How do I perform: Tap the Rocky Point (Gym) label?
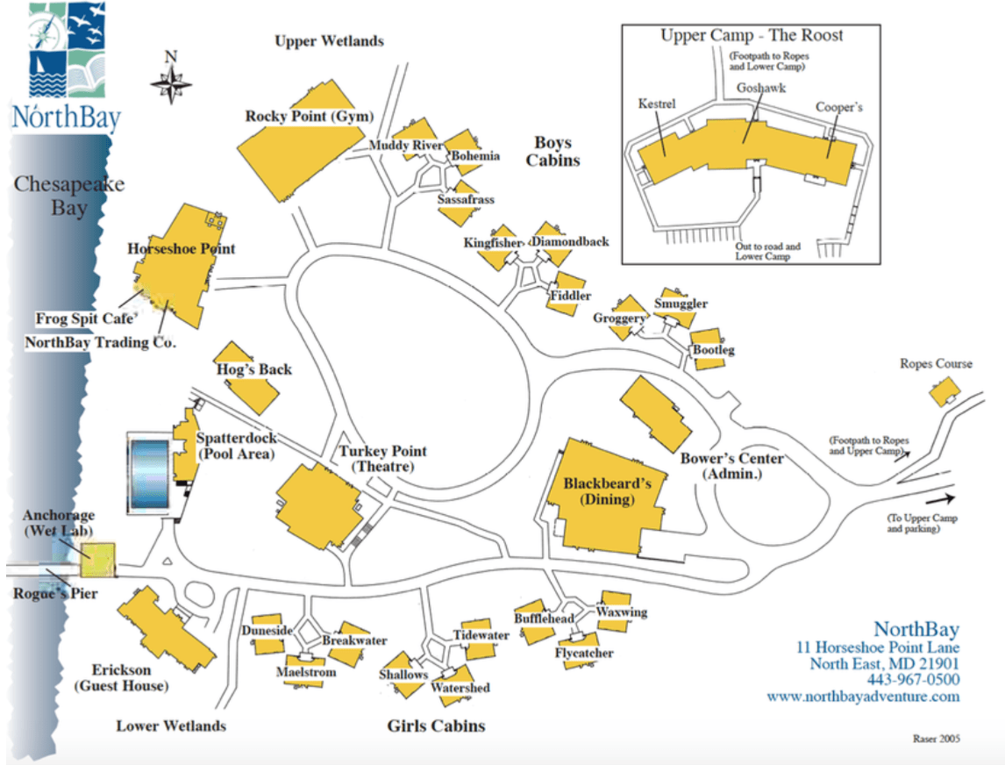pyautogui.click(x=310, y=116)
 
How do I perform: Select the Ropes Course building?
pyautogui.click(x=944, y=391)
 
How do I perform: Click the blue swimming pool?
pyautogui.click(x=149, y=473)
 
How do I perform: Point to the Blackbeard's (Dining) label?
pyautogui.click(x=607, y=491)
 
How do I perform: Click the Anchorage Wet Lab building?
pyautogui.click(x=98, y=559)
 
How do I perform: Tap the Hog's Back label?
pyautogui.click(x=253, y=369)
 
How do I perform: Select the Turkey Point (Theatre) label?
pyautogui.click(x=382, y=459)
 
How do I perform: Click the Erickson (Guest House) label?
pyautogui.click(x=121, y=678)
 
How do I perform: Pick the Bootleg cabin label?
pyautogui.click(x=713, y=350)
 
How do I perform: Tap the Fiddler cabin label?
pyautogui.click(x=570, y=296)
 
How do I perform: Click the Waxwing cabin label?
pyautogui.click(x=622, y=611)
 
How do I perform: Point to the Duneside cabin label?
pyautogui.click(x=267, y=631)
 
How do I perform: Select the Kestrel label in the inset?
pyautogui.click(x=657, y=104)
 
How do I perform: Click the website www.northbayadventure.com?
pyautogui.click(x=863, y=697)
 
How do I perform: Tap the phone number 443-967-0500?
pyautogui.click(x=913, y=680)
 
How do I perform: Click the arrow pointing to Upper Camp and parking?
pyautogui.click(x=940, y=499)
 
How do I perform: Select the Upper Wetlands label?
pyautogui.click(x=330, y=41)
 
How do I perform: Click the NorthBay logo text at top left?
pyautogui.click(x=67, y=118)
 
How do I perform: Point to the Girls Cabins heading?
pyautogui.click(x=436, y=726)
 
